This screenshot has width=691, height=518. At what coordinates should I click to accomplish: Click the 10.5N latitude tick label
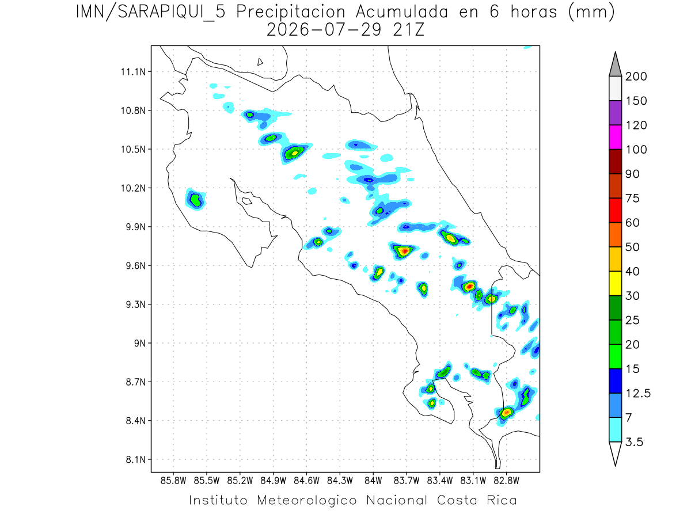click(x=133, y=150)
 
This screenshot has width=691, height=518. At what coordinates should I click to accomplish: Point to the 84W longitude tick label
click(x=373, y=481)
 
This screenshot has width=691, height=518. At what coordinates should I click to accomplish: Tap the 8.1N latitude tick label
click(x=136, y=459)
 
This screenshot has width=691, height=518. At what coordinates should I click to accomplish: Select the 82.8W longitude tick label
click(x=506, y=481)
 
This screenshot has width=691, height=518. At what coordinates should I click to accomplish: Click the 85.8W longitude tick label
click(x=173, y=481)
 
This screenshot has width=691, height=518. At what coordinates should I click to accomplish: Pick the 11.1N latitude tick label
click(x=133, y=72)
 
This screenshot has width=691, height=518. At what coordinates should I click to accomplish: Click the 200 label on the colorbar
click(x=636, y=77)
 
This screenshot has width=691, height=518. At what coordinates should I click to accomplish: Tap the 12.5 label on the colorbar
click(x=638, y=394)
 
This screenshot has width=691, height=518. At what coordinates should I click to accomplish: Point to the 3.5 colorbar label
click(x=634, y=442)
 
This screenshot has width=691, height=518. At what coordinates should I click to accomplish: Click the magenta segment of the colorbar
click(x=615, y=137)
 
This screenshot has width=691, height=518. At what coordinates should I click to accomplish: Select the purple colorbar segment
click(x=615, y=113)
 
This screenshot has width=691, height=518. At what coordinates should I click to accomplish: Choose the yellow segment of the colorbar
click(x=615, y=283)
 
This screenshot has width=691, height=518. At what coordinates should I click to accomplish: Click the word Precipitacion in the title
click(x=291, y=13)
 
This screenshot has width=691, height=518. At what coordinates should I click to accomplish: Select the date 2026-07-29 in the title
click(x=324, y=30)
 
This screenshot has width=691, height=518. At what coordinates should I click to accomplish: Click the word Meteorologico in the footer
click(x=306, y=500)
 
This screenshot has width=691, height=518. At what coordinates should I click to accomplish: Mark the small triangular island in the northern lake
click(x=260, y=62)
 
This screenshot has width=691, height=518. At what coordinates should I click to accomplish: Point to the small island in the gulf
click(x=247, y=201)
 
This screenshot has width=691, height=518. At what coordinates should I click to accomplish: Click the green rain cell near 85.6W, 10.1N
click(x=195, y=200)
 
